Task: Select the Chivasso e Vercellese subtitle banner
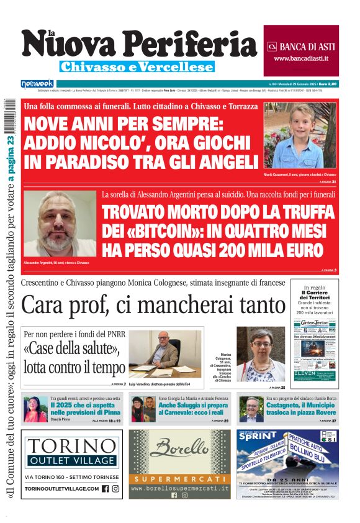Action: [x=137, y=66]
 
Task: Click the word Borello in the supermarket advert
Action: [x=179, y=447]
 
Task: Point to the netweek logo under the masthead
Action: [x=37, y=84]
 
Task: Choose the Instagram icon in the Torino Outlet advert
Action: [x=115, y=489]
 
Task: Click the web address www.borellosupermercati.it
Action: [x=179, y=488]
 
